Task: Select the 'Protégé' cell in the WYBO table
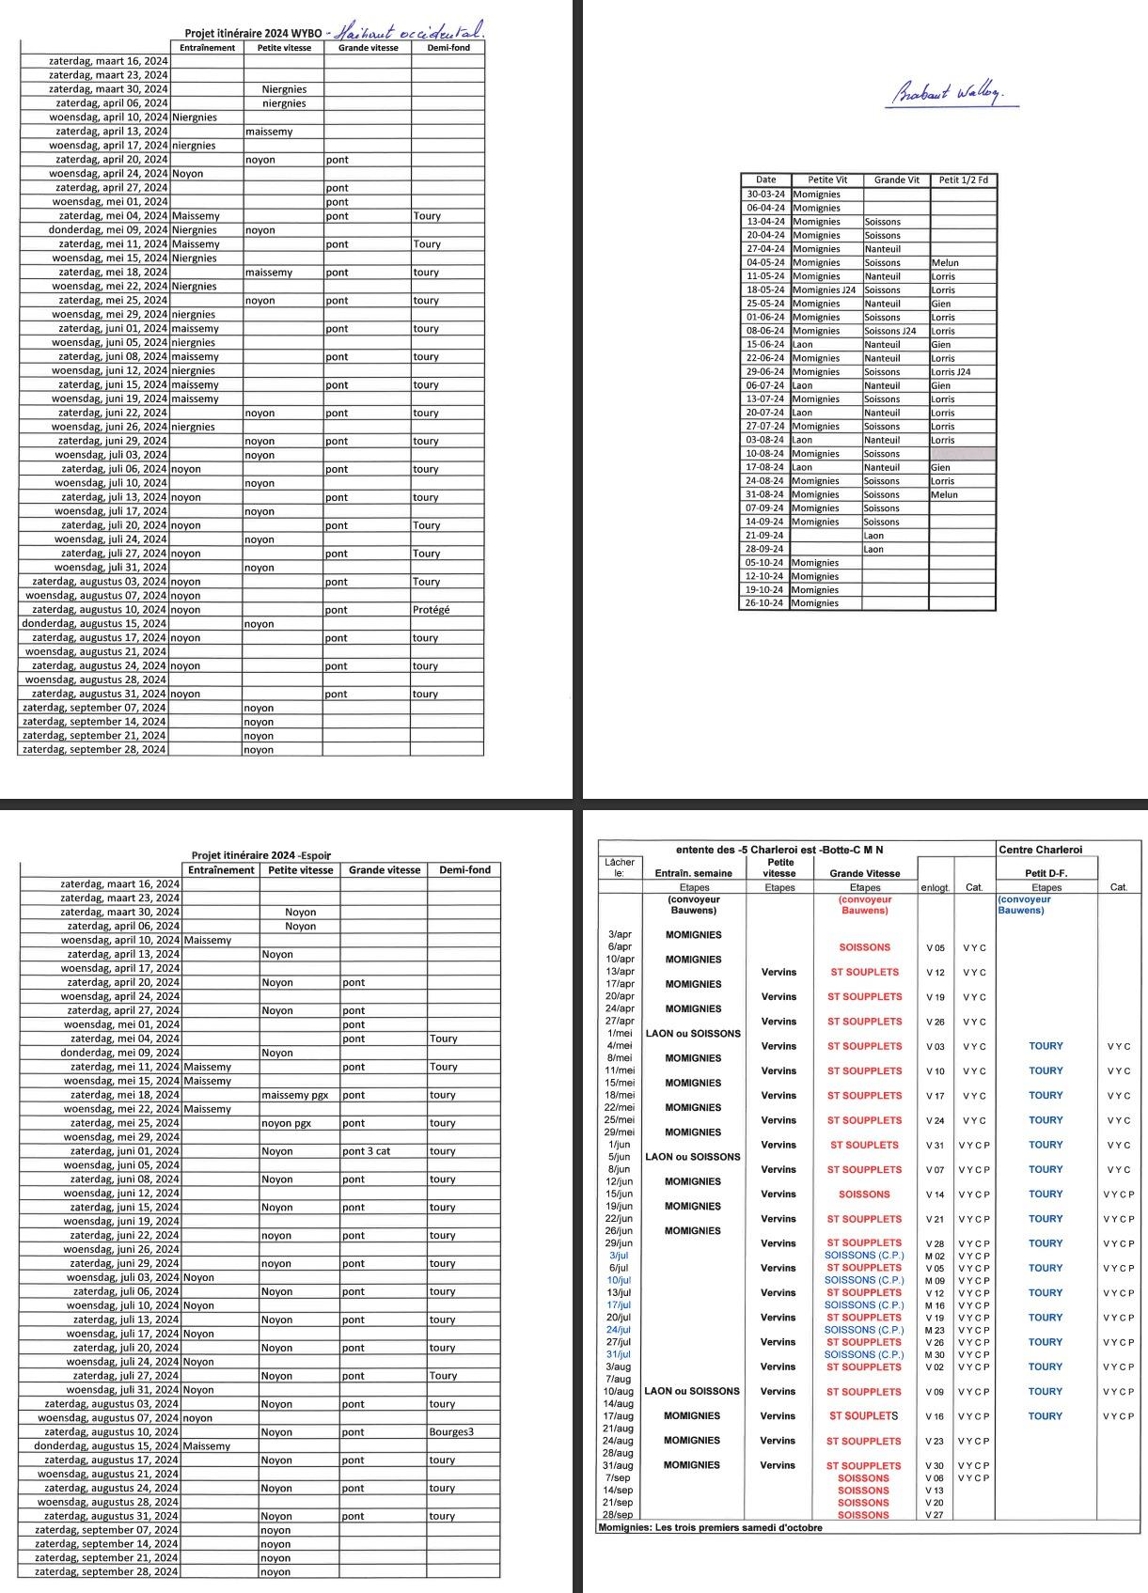pos(431,610)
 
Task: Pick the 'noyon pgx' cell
pos(287,1123)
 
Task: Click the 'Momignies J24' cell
pos(824,290)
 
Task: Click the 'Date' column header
pos(765,180)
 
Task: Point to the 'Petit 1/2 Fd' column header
pos(962,180)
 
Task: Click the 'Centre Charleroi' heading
pos(1040,850)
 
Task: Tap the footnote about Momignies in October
pos(710,1527)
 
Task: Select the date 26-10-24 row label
pos(764,603)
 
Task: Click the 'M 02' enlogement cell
pos(935,1256)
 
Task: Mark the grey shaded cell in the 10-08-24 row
pos(961,454)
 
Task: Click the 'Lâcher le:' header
pos(618,867)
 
